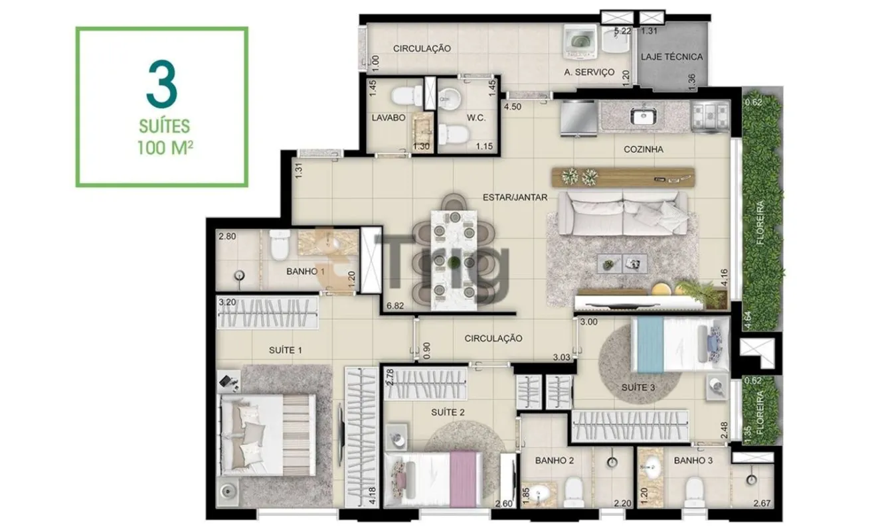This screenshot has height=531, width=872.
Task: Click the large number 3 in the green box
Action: click(x=161, y=84)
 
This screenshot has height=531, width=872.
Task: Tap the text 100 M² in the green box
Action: click(x=165, y=147)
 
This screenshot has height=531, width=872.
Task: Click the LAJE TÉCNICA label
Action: click(x=672, y=57)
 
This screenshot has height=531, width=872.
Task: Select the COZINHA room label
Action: click(x=644, y=149)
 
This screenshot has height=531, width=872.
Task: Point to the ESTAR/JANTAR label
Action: click(x=515, y=198)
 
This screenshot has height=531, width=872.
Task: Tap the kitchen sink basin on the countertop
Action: click(x=644, y=116)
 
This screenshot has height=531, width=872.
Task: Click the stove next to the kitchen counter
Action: click(x=710, y=115)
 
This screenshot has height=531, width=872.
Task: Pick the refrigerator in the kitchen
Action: click(x=578, y=118)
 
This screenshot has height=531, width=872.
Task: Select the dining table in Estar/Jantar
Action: click(x=454, y=260)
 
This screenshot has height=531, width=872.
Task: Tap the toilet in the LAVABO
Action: click(x=406, y=96)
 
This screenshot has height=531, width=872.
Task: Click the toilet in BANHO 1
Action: click(x=280, y=245)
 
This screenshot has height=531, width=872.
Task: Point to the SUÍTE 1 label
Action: click(x=286, y=350)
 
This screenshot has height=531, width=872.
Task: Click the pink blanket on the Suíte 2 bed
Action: click(x=464, y=479)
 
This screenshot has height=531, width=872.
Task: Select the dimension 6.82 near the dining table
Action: click(x=395, y=306)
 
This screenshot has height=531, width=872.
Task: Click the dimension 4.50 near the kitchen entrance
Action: click(x=513, y=107)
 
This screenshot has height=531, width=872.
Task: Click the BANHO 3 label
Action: click(x=693, y=461)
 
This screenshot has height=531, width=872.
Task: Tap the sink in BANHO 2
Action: click(x=539, y=494)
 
